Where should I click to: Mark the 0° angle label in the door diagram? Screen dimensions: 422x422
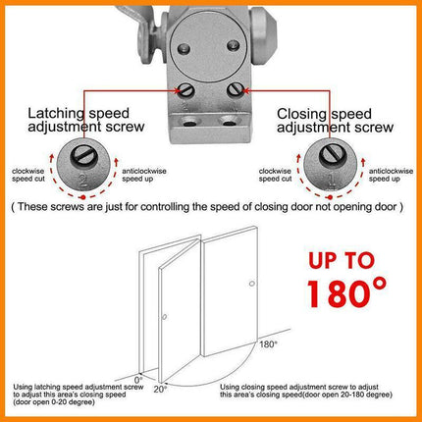[137, 377]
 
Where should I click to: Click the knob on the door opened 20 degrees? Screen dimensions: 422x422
[164, 315]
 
